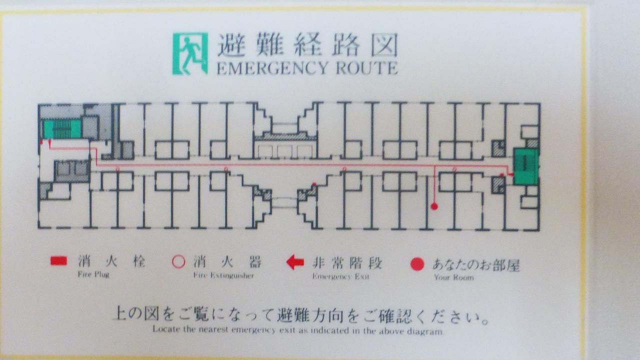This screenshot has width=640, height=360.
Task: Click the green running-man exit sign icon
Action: (x=190, y=53)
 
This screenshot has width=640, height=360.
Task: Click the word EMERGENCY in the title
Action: (x=271, y=68)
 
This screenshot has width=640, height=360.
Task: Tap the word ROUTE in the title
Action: (x=366, y=68)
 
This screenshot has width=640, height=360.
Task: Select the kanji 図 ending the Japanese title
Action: (x=384, y=44)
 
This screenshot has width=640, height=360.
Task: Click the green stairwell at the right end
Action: (x=526, y=166)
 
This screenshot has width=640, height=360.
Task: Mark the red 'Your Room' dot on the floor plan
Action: (x=434, y=206)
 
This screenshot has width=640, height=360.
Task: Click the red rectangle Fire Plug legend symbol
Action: (x=59, y=261)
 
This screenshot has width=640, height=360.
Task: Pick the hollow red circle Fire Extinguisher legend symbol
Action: (x=179, y=261)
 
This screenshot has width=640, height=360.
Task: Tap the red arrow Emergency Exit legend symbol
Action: (x=295, y=262)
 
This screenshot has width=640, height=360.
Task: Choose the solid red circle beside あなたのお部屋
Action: (x=417, y=264)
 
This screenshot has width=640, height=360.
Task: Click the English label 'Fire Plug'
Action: (x=93, y=274)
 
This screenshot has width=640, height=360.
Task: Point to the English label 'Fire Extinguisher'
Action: (x=223, y=275)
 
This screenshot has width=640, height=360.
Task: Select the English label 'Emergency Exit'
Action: (x=341, y=276)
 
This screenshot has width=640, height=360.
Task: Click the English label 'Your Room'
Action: (x=453, y=277)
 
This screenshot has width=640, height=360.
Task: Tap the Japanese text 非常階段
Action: (x=347, y=263)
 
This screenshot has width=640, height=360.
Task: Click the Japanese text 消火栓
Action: (x=111, y=261)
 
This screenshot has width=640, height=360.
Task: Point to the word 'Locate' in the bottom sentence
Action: (x=165, y=329)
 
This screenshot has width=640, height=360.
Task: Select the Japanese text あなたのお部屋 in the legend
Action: (x=475, y=265)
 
